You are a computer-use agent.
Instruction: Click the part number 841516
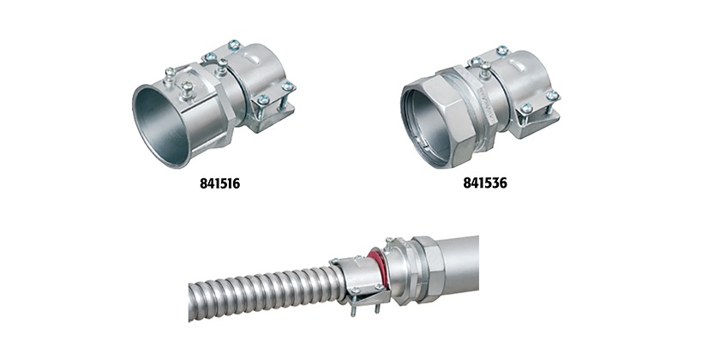tap(219, 183)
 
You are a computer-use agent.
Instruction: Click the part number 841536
tap(485, 183)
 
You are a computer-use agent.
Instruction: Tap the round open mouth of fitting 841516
tap(161, 125)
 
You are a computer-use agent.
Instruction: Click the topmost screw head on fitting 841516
tap(234, 44)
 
